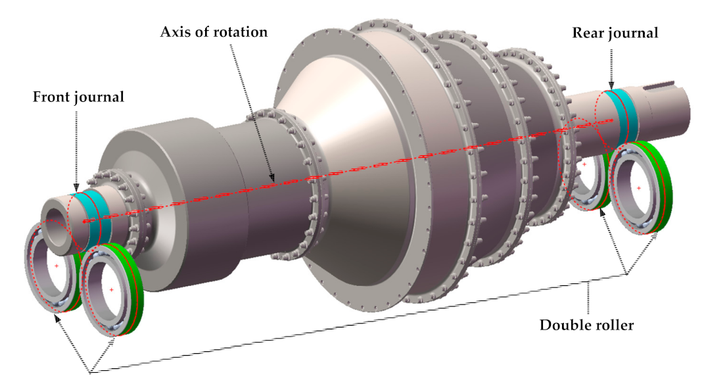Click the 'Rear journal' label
pyautogui.click(x=615, y=32)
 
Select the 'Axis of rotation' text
pyautogui.click(x=214, y=32)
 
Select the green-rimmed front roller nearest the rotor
pyautogui.click(x=110, y=290)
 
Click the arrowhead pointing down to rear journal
pyautogui.click(x=612, y=83)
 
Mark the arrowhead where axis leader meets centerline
pyautogui.click(x=273, y=178)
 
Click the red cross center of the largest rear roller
pyautogui.click(x=639, y=188)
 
